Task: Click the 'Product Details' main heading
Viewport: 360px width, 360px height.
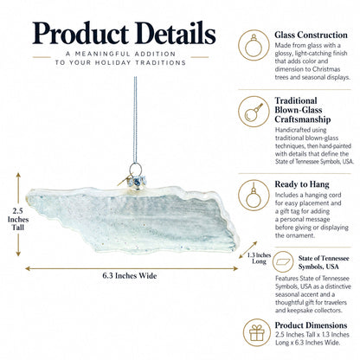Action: click(124, 33)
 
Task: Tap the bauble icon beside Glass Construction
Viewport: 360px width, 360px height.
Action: click(254, 45)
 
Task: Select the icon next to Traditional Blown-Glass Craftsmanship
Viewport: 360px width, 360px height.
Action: click(254, 112)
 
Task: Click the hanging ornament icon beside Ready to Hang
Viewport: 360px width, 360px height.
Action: click(254, 195)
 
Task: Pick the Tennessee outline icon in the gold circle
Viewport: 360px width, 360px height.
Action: click(283, 261)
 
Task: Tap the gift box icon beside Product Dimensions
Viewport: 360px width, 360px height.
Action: click(257, 332)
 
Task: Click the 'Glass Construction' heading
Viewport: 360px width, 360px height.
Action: click(311, 35)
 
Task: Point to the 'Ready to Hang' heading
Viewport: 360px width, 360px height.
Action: click(302, 184)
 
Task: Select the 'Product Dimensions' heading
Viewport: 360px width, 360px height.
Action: click(311, 325)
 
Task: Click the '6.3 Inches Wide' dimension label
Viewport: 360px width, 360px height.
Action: click(130, 276)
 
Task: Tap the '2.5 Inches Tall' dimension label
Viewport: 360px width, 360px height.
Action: click(18, 219)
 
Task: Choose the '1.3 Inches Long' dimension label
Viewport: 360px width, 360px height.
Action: click(259, 258)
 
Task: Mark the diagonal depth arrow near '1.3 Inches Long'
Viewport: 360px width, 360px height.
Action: click(248, 250)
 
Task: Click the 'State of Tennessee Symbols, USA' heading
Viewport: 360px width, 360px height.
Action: click(324, 262)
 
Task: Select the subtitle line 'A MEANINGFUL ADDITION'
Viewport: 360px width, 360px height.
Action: click(120, 54)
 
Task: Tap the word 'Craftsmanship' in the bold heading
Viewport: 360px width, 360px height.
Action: click(303, 119)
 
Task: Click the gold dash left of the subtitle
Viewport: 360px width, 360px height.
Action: click(42, 57)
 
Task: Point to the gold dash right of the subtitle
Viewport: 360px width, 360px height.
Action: click(200, 57)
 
